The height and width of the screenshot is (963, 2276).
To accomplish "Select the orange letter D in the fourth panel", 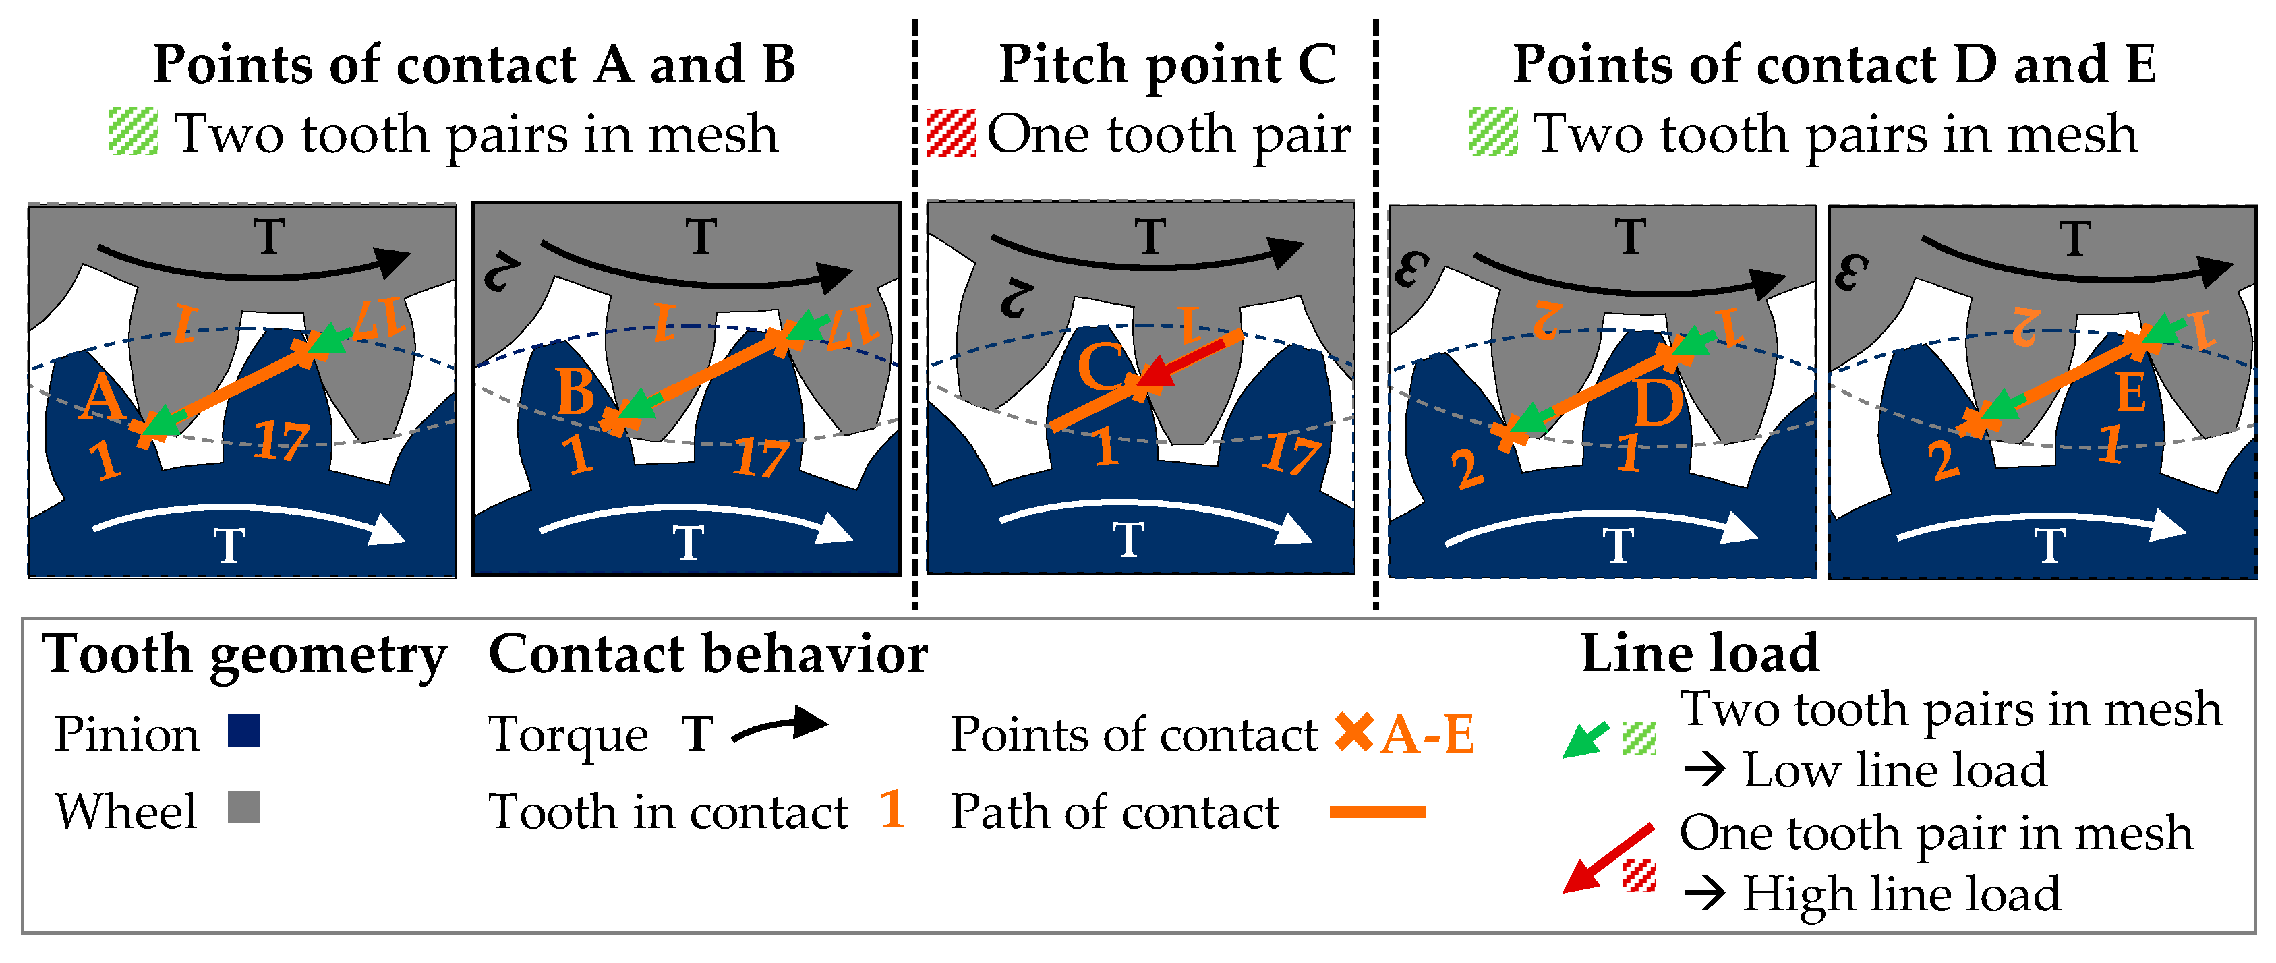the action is tap(1658, 404).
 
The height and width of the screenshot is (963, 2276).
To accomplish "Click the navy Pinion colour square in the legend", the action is tap(244, 730).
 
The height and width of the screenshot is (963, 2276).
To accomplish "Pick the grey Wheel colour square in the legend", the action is tap(244, 807).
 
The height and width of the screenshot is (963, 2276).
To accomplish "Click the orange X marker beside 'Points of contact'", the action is tap(1353, 732).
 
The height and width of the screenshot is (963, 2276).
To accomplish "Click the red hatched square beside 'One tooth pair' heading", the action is tap(952, 134).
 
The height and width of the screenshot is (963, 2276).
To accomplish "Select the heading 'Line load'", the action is tap(1700, 653).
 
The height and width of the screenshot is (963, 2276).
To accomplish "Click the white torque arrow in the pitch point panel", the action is tap(1157, 519).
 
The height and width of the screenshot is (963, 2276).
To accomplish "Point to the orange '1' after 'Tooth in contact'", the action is tap(892, 809).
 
